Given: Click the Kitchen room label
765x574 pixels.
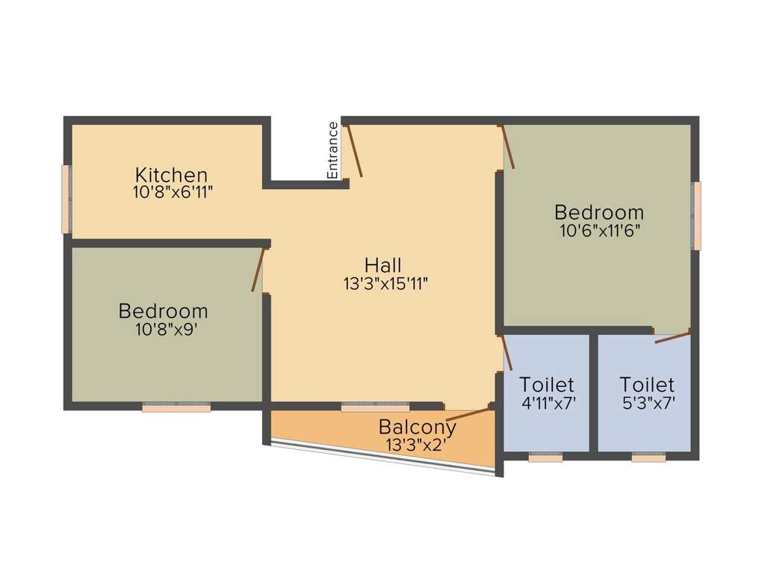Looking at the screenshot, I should [171, 175].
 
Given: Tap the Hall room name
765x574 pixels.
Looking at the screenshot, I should [383, 265].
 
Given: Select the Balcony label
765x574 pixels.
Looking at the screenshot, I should [418, 428].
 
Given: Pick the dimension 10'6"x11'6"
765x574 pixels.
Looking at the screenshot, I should [599, 230].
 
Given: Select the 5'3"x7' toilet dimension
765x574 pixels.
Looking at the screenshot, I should [647, 402].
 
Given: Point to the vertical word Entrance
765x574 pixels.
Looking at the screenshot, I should [333, 149].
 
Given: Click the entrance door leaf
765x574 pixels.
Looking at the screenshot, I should [355, 151].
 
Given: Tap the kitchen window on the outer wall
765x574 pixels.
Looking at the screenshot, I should [66, 199].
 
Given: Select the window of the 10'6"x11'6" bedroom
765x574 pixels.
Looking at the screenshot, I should [696, 215].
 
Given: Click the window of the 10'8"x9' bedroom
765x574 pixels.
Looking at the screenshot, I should [176, 408].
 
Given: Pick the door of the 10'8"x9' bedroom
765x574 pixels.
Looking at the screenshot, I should [258, 270].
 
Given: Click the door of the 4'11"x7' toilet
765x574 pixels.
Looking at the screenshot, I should [507, 353].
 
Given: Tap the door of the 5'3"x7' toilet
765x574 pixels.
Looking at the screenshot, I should [672, 336].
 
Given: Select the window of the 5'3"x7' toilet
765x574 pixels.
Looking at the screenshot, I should [648, 457].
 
